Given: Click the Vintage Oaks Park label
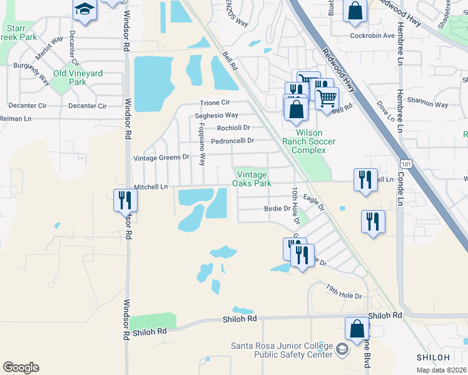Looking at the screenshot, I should pyautogui.click(x=252, y=179).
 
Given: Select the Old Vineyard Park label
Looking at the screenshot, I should pyautogui.click(x=78, y=77).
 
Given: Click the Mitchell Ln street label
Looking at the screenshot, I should pyautogui.click(x=151, y=187).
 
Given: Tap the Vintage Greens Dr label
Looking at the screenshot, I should pyautogui.click(x=161, y=157).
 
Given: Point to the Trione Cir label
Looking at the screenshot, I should pyautogui.click(x=215, y=102).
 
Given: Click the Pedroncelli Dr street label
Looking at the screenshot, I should pyautogui.click(x=232, y=141).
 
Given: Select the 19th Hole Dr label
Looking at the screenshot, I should pyautogui.click(x=343, y=291).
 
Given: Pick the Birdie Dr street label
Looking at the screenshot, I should pyautogui.click(x=277, y=209).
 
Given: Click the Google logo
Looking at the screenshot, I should pyautogui.click(x=21, y=367).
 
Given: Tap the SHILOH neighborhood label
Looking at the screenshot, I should pyautogui.click(x=433, y=357).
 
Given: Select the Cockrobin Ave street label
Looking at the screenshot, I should pyautogui.click(x=372, y=36).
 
